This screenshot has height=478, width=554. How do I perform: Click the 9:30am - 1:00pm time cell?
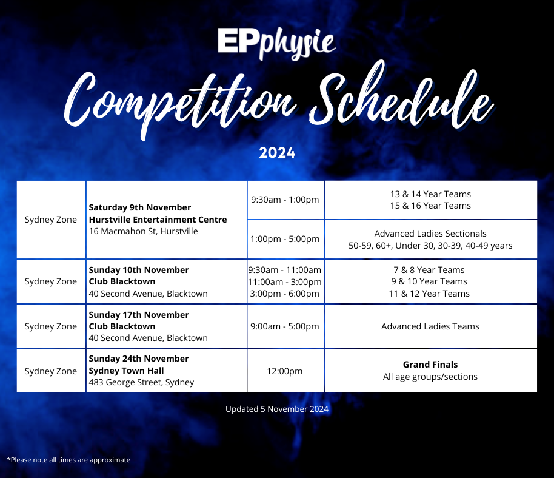[x=285, y=200]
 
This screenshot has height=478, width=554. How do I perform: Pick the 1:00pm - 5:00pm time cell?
[x=285, y=239]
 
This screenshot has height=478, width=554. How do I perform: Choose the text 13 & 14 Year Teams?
[x=430, y=194]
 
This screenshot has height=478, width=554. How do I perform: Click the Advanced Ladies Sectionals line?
[x=430, y=234]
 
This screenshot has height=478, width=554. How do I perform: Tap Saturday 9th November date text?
[x=140, y=208]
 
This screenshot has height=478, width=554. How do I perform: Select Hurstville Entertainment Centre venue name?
[x=158, y=220]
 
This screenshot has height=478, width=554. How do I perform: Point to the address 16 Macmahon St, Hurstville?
[x=143, y=231]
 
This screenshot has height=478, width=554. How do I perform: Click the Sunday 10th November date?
[x=139, y=270]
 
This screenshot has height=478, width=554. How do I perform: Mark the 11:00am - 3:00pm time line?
[x=285, y=281]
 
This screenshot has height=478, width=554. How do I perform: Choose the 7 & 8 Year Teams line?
[x=430, y=270]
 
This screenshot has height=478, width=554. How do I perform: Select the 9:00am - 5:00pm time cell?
[x=285, y=326]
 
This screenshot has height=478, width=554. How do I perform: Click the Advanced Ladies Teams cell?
[x=430, y=326]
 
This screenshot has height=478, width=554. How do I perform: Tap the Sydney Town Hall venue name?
[x=126, y=371]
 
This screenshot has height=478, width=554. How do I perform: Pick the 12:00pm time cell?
[x=285, y=371]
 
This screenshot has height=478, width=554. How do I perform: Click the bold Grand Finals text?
[x=430, y=365]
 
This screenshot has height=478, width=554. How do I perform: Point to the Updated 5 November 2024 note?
[x=277, y=409]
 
